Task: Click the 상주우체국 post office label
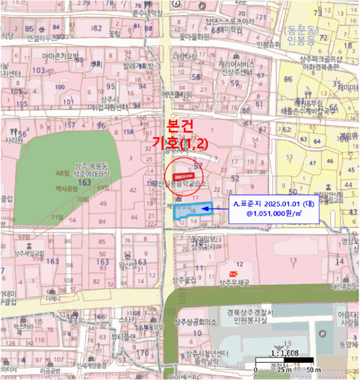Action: (x=234, y=283)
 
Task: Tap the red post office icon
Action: (x=233, y=273)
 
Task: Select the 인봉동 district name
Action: (x=296, y=41)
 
